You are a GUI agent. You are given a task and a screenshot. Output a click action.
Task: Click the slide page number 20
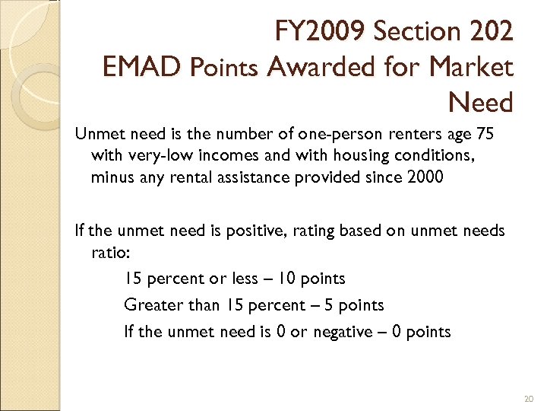tap(529, 399)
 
